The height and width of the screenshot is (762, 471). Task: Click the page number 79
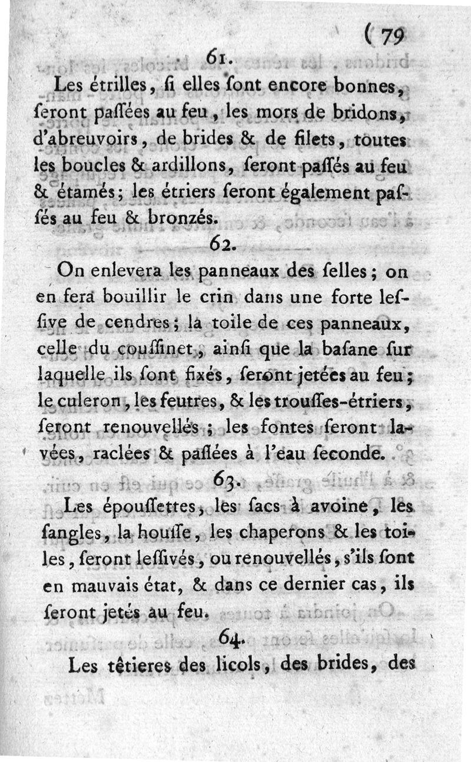(391, 38)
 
